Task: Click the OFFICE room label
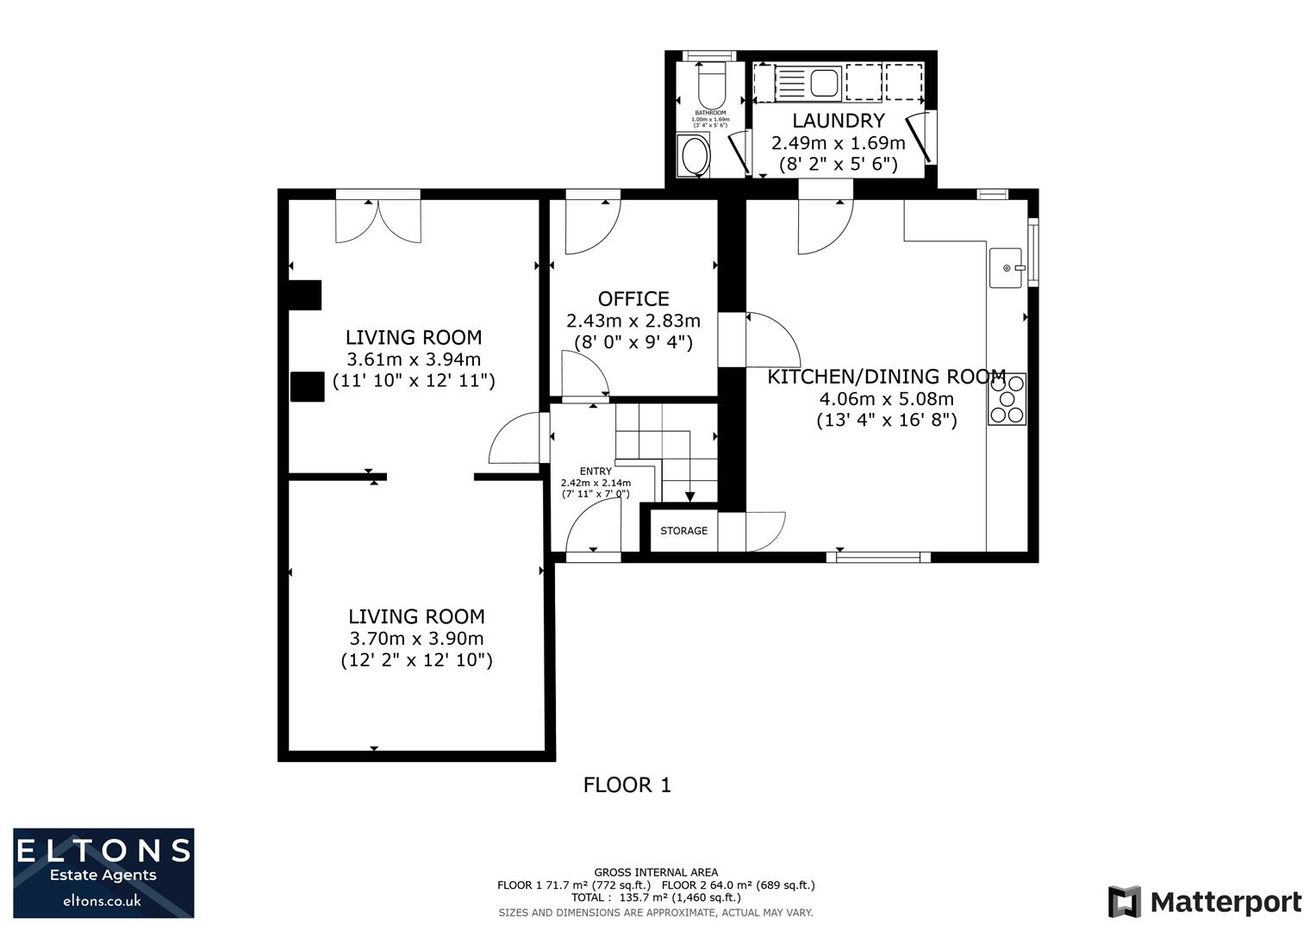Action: coord(633,299)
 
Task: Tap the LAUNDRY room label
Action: coord(838,121)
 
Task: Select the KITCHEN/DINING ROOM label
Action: coord(886,377)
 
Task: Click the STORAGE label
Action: coord(683,531)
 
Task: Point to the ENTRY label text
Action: coord(596,472)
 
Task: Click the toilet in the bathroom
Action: coord(710,87)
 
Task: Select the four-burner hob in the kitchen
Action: coord(1007,399)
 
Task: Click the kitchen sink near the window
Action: coord(1005,268)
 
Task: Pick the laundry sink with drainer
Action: coord(809,84)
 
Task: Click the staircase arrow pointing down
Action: coord(689,495)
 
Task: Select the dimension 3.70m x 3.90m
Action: coord(416,639)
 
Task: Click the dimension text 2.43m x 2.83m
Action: coord(633,321)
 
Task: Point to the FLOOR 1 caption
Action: coord(627,785)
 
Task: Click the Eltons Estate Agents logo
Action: coord(103,873)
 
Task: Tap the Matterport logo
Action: coord(1204,903)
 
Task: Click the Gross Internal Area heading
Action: coord(656,872)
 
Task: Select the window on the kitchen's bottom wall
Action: coord(878,557)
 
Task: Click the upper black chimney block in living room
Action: coord(304,295)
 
